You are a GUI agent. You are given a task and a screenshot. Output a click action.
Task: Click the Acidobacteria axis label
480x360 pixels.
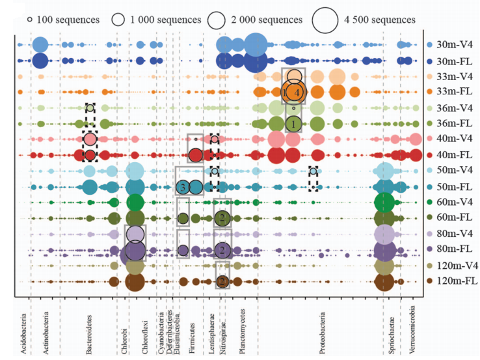pos(23,331)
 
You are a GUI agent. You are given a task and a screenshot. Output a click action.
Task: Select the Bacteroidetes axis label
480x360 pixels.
pos(88,333)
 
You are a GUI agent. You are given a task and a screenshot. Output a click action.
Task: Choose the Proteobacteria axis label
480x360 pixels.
pos(323,333)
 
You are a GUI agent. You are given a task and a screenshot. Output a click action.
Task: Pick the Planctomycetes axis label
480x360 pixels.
pos(241,333)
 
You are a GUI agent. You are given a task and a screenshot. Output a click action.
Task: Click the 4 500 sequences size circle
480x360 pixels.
pos(325,20)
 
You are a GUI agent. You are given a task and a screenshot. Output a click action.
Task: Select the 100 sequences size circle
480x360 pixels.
pos(30,20)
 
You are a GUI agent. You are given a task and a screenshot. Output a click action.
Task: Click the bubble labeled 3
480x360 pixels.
pos(184,187)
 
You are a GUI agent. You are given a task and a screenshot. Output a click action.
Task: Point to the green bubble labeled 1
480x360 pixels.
pos(293,122)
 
